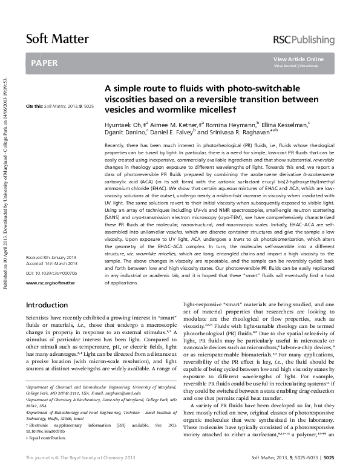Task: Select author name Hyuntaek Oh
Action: (125, 124)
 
